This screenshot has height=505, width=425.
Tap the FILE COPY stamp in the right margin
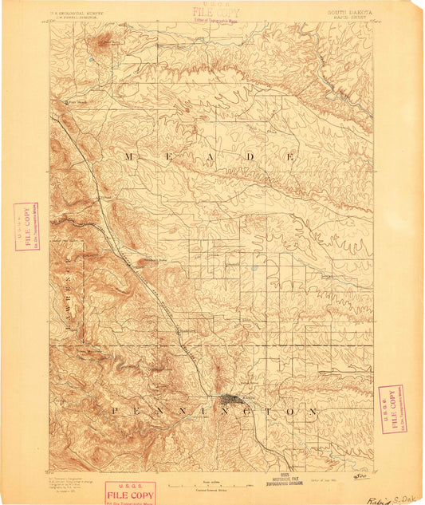coord(391,408)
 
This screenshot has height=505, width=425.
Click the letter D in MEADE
coord(250,156)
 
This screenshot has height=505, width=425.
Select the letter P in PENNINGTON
coord(115,411)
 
